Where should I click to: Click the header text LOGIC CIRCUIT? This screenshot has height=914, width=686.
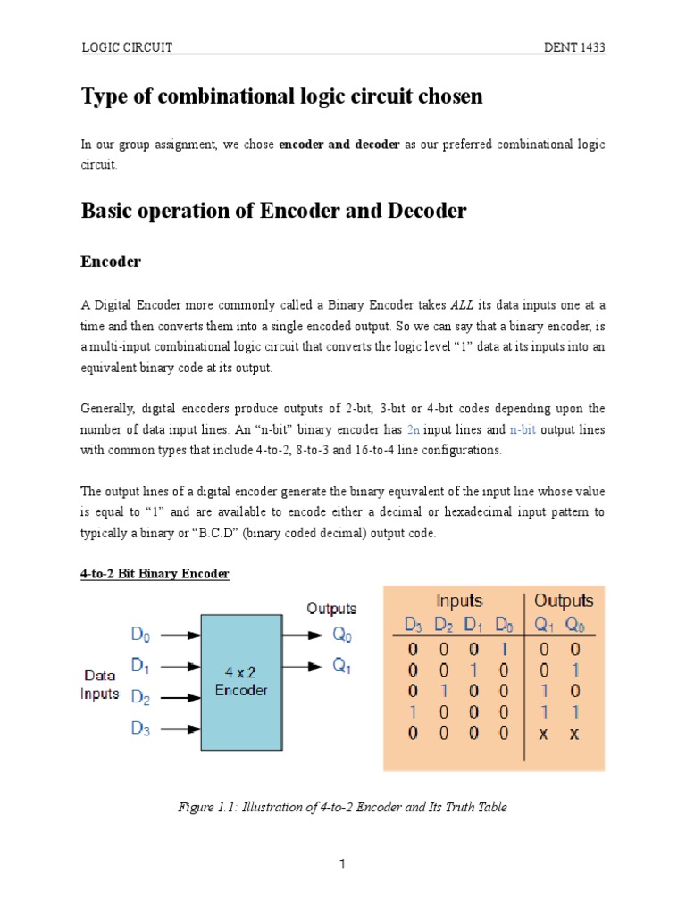tap(127, 48)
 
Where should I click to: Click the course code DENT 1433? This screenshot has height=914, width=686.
tap(574, 48)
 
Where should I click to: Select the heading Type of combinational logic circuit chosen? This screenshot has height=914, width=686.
tap(281, 96)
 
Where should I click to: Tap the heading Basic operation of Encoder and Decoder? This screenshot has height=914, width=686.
tap(273, 211)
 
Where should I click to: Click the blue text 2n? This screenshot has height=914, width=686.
tap(414, 429)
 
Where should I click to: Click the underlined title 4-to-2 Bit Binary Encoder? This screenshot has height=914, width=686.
tap(155, 574)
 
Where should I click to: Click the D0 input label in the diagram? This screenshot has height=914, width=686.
tap(141, 636)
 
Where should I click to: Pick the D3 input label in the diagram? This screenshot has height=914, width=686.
tap(141, 728)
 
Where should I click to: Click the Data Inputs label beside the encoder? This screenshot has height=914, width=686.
tap(100, 685)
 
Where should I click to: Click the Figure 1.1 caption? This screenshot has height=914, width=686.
tap(342, 807)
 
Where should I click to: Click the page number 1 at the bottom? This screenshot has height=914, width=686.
tap(342, 864)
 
